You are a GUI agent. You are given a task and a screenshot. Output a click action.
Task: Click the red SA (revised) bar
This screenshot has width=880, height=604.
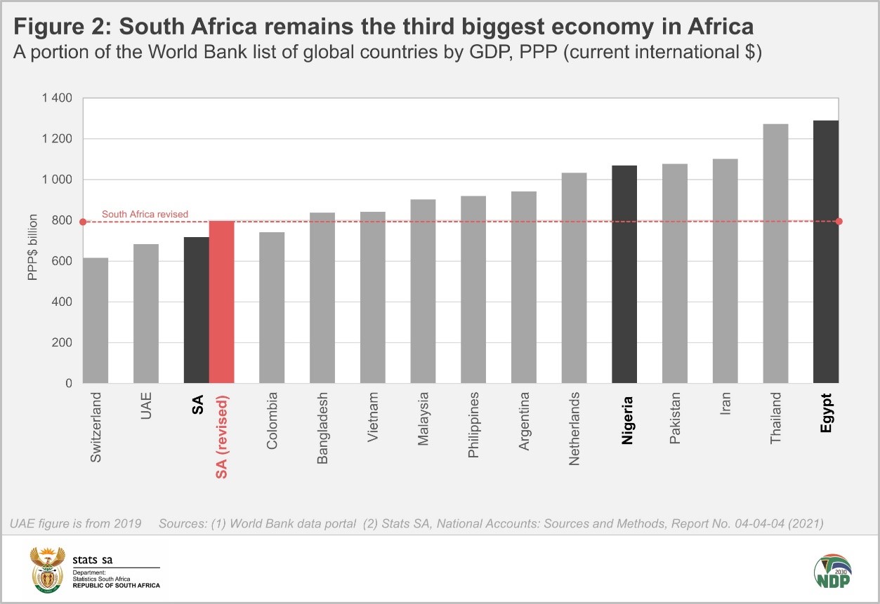[x=221, y=302]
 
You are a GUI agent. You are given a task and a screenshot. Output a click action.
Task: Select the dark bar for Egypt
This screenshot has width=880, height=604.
[x=825, y=253]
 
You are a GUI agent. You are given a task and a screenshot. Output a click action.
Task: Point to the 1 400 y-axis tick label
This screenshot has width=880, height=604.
[x=56, y=98]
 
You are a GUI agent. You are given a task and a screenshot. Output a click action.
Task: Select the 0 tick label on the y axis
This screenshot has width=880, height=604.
[x=68, y=384]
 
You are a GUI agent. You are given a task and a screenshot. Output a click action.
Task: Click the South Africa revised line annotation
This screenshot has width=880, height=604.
[x=145, y=214]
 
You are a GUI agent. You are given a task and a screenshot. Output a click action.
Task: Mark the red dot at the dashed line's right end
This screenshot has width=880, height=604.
[x=839, y=222]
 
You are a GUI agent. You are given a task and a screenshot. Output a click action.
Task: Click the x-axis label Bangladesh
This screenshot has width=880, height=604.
[x=322, y=428]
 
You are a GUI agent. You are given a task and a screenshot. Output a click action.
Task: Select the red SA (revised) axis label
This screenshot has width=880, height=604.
[x=221, y=438]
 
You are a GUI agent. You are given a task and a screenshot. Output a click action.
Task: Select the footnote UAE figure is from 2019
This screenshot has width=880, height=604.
[x=76, y=523]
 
